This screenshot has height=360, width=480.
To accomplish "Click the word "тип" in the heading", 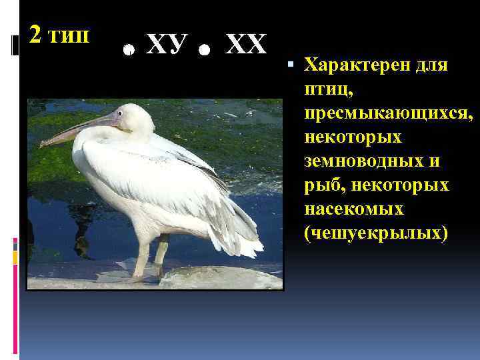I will click(68, 35).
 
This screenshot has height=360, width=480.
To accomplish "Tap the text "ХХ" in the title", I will click(246, 45).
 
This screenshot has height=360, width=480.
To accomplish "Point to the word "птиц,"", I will click(326, 90).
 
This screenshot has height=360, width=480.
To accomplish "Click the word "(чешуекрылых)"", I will click(376, 233).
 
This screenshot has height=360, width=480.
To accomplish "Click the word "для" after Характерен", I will click(433, 66).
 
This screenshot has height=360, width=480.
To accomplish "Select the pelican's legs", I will click(150, 257).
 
